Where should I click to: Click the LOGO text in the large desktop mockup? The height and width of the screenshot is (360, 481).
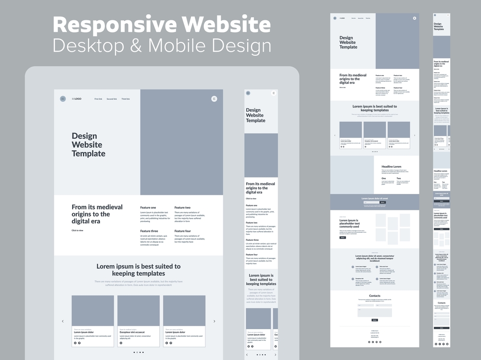(76, 99)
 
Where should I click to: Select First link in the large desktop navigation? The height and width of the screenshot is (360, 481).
(98, 99)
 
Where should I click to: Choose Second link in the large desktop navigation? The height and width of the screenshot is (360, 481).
(112, 99)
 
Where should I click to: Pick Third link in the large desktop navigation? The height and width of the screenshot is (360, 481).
(126, 99)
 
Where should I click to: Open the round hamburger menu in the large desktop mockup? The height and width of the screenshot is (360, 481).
(214, 99)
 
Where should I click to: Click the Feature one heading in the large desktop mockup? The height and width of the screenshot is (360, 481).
(148, 207)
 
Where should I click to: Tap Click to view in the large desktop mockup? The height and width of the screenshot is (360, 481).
(77, 231)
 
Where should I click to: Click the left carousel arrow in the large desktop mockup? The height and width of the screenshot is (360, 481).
(63, 321)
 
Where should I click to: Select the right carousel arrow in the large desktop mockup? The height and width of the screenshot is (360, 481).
(214, 321)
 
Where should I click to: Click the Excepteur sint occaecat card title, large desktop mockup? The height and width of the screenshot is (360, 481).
(132, 332)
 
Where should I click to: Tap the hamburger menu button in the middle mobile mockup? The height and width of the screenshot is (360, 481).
(274, 93)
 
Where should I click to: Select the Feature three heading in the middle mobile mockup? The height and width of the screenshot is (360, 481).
(252, 240)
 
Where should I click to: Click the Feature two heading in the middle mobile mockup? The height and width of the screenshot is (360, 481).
(252, 223)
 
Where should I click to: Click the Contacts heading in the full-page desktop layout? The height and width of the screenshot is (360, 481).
(375, 296)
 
